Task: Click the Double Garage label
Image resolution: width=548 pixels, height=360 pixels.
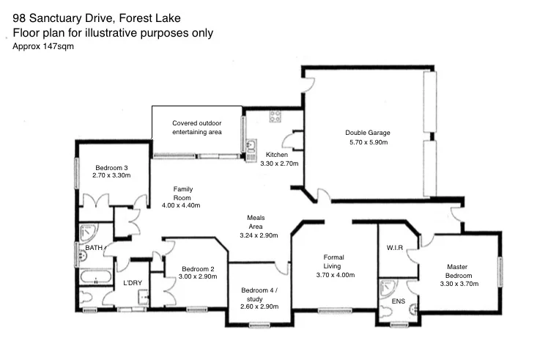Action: click(x=367, y=133)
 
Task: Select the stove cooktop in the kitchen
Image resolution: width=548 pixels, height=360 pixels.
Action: click(x=276, y=115)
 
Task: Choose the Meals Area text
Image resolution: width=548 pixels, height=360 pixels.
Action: click(x=256, y=222)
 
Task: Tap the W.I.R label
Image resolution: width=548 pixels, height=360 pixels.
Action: click(x=395, y=248)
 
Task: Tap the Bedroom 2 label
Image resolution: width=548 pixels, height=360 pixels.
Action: click(x=198, y=268)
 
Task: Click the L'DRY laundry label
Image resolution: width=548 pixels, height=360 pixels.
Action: click(x=132, y=283)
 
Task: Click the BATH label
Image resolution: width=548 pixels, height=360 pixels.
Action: click(x=95, y=249)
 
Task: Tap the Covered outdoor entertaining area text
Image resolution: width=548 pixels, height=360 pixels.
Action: click(x=196, y=128)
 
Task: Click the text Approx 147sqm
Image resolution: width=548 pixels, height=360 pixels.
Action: click(x=43, y=46)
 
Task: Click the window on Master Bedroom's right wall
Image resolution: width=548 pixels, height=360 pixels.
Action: click(x=500, y=273)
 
